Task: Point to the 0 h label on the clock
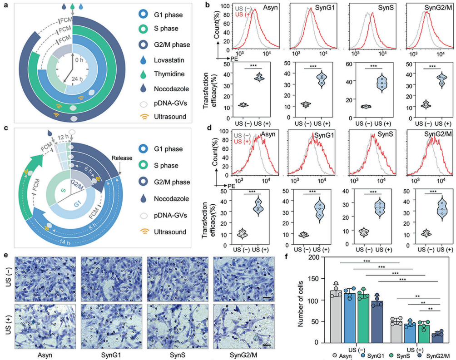click(79, 59)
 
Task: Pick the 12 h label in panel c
click(57, 136)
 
